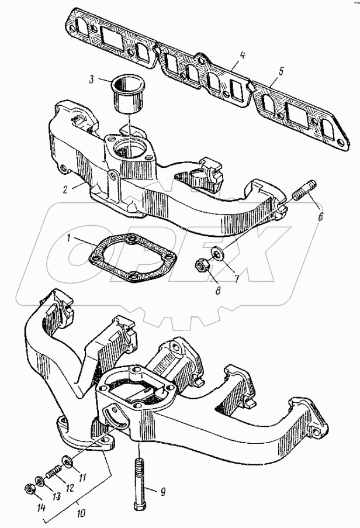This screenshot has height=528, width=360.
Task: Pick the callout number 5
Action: [281, 72]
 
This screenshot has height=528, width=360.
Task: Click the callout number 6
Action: [320, 215]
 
